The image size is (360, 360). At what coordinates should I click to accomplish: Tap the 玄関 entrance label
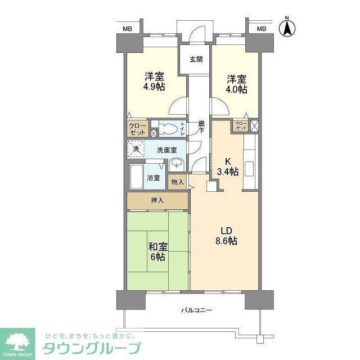(x=196, y=60)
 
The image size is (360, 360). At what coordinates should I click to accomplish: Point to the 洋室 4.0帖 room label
(x=236, y=84)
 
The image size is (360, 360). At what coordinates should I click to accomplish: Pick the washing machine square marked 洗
(x=135, y=150)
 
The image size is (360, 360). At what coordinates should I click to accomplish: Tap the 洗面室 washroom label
(x=166, y=150)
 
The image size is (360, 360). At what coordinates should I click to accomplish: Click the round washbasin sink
(x=176, y=164)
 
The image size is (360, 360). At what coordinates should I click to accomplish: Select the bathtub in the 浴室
(x=137, y=177)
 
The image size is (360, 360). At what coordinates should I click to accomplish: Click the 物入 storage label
(x=177, y=182)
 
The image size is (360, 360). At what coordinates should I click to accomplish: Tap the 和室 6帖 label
(x=157, y=251)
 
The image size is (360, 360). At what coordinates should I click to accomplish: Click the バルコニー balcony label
(x=197, y=310)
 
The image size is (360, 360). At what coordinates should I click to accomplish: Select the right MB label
(x=262, y=28)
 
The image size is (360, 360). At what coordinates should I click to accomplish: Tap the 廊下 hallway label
(x=201, y=127)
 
